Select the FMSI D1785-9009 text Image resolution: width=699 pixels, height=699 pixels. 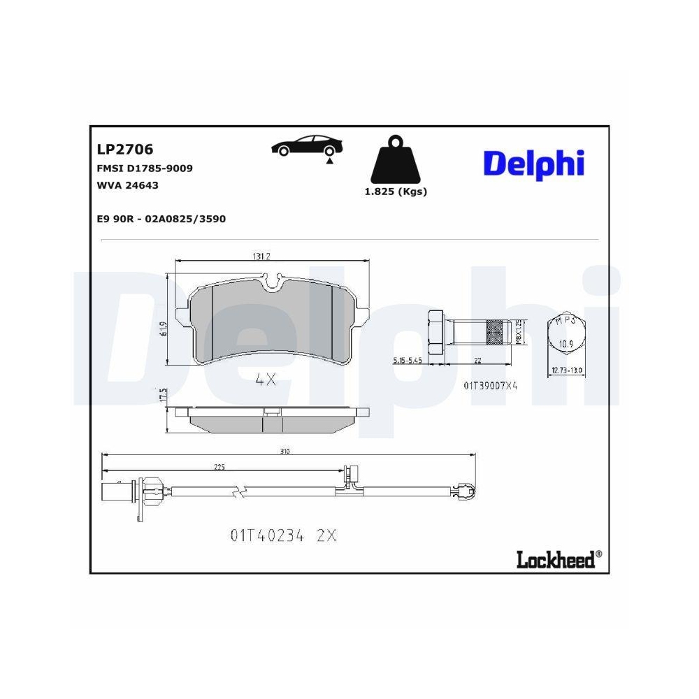pyautogui.click(x=145, y=168)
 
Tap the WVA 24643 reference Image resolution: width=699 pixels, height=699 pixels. pyautogui.click(x=127, y=185)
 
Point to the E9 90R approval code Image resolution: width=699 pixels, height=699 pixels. pyautogui.click(x=161, y=219)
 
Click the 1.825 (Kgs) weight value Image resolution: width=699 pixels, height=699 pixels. pyautogui.click(x=396, y=192)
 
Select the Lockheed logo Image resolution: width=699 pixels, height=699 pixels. pyautogui.click(x=557, y=559)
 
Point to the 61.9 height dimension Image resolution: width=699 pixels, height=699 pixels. pyautogui.click(x=162, y=329)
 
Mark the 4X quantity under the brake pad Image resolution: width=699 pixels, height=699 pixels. pyautogui.click(x=266, y=380)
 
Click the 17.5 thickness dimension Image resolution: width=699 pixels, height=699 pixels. pyautogui.click(x=162, y=396)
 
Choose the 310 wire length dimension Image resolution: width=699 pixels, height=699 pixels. pyautogui.click(x=284, y=452)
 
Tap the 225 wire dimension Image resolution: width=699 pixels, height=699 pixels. pyautogui.click(x=219, y=468)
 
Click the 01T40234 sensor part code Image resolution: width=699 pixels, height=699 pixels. pyautogui.click(x=266, y=535)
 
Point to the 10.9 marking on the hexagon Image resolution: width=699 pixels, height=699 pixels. pyautogui.click(x=567, y=344)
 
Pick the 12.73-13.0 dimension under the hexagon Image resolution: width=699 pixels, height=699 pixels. pyautogui.click(x=567, y=370)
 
